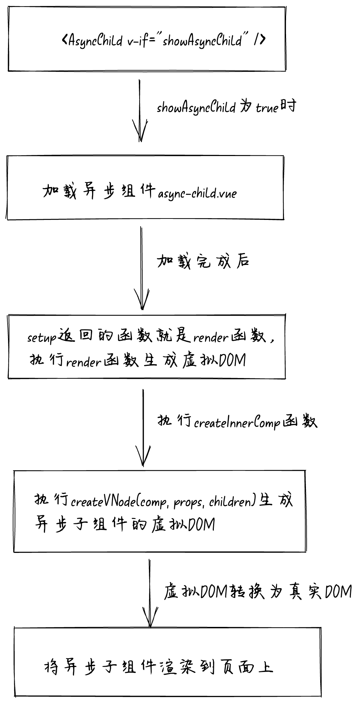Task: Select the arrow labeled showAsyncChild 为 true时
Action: (140, 111)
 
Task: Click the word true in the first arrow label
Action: (267, 108)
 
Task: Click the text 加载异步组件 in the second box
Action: (99, 191)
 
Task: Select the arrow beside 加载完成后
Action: (141, 268)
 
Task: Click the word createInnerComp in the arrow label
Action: (237, 423)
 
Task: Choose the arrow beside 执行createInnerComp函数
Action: (143, 428)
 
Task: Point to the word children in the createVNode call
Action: (230, 502)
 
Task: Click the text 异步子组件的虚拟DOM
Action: (125, 525)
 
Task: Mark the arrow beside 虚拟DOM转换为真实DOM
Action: (150, 593)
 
